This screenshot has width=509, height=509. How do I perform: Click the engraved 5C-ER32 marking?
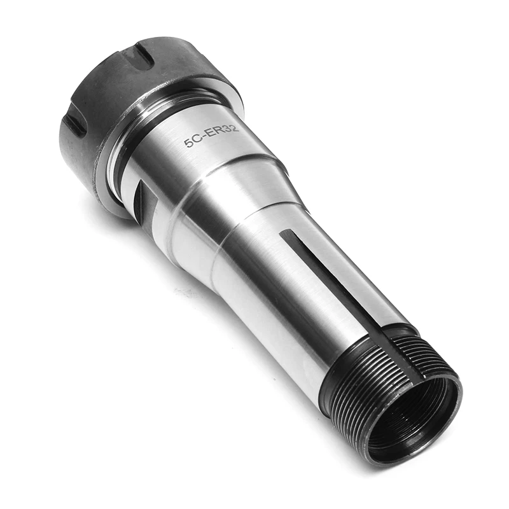pos(211,136)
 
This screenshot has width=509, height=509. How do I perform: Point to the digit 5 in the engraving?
pos(188,143)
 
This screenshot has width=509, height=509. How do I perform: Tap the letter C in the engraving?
pos(197,140)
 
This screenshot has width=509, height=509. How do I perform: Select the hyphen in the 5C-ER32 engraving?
pos(204,137)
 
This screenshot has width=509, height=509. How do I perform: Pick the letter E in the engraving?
pos(211,134)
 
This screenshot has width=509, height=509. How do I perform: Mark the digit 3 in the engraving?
pos(227,129)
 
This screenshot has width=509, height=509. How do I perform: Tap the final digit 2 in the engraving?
pos(235,127)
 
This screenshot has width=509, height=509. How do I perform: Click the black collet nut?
pos(130,107)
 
